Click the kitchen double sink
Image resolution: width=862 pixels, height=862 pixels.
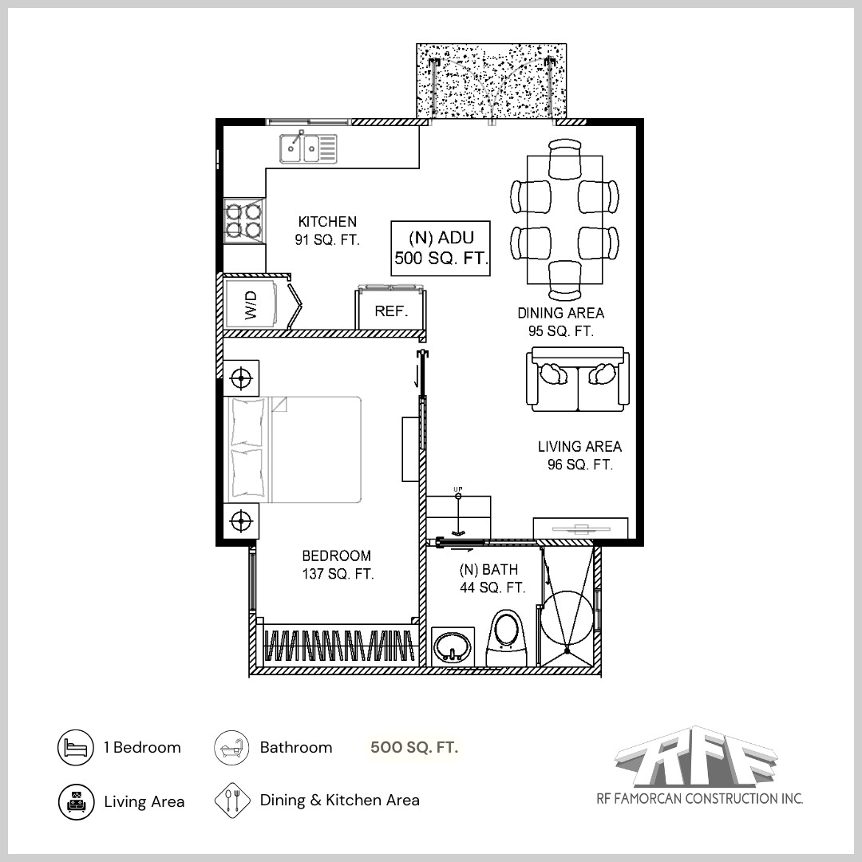[308, 148]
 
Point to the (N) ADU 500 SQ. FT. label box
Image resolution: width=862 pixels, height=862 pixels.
[441, 248]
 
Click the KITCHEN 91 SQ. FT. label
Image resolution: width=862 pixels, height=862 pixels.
[327, 230]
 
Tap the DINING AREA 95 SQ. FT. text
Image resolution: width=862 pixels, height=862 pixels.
[560, 322]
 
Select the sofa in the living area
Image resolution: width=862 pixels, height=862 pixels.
[576, 379]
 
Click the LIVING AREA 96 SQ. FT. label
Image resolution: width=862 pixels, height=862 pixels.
[579, 456]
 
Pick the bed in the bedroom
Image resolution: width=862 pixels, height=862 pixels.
[295, 449]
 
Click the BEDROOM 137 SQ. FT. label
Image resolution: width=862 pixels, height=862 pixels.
[337, 564]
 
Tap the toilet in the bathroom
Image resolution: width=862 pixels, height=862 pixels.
[508, 636]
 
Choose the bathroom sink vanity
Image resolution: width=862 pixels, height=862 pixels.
[453, 646]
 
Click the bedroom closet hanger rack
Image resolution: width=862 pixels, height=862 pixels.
[340, 644]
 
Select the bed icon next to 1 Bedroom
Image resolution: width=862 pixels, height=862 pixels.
[76, 748]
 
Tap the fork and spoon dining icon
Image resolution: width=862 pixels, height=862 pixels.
[232, 801]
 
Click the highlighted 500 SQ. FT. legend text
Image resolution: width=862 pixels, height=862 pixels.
[414, 748]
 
